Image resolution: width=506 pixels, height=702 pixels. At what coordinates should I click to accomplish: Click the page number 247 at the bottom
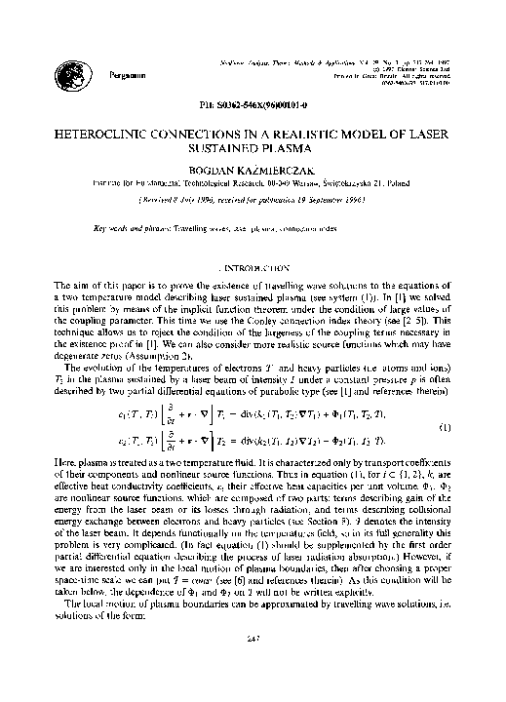click(253, 666)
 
